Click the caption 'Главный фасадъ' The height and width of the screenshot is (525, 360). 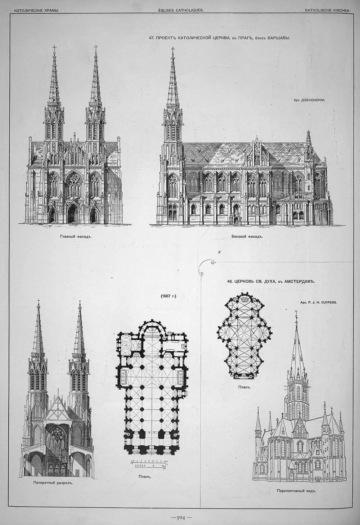point(74,237)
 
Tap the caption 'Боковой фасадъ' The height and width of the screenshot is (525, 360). point(247,237)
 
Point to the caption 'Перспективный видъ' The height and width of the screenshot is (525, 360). point(296,490)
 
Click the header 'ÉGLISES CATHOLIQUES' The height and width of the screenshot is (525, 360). point(181,10)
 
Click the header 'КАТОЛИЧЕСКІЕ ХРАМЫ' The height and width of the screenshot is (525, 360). point(36,10)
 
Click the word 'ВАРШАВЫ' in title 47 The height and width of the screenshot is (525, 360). point(278,37)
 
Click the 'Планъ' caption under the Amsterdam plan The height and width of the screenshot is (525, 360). point(244,387)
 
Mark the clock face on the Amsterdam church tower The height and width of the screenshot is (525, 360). point(297,389)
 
